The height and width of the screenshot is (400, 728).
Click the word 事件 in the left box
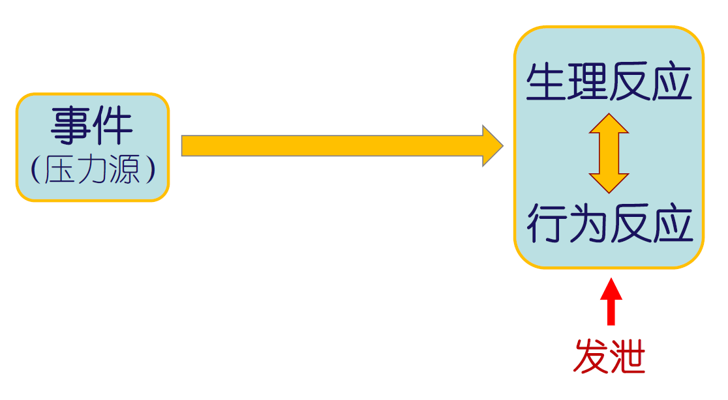(92, 126)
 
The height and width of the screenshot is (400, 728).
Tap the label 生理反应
(608, 83)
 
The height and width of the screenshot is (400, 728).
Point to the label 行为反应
(609, 223)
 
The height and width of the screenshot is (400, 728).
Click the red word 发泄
(609, 356)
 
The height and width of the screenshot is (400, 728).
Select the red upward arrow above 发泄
(611, 302)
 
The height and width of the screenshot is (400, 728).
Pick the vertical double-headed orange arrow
(609, 153)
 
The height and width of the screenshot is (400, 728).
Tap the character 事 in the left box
(71, 126)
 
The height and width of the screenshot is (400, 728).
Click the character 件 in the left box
(114, 126)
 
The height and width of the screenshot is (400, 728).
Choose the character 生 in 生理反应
(547, 83)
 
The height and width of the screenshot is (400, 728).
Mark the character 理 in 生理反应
(588, 83)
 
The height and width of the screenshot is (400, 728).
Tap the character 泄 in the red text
(628, 356)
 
